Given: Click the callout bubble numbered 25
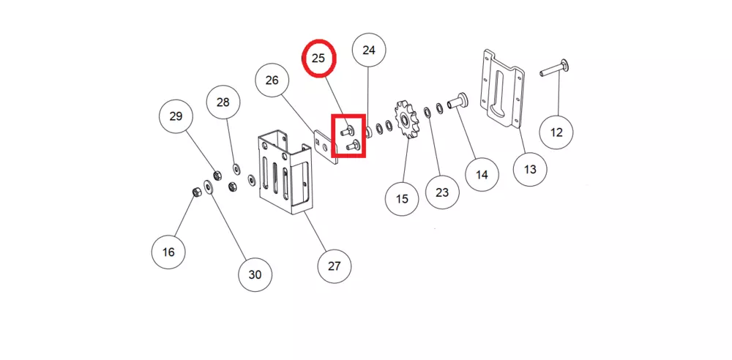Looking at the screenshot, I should (318, 59).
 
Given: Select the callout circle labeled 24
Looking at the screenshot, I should (369, 50).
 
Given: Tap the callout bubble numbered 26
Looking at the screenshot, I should (272, 80).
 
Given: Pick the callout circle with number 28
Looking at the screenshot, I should (223, 102).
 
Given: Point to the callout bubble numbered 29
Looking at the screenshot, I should (176, 116).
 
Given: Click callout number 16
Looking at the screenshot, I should (169, 252).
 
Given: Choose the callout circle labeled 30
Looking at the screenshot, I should (255, 274).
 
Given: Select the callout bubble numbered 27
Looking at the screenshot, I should (334, 266).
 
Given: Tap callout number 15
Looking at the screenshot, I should (403, 198).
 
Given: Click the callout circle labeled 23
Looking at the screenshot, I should (442, 193).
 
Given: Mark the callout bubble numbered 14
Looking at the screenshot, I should (482, 175).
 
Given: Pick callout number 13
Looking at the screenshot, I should (530, 169).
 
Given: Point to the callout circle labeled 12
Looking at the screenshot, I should (556, 132).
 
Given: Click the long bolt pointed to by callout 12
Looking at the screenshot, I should (552, 70).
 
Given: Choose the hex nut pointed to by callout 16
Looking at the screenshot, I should (196, 192).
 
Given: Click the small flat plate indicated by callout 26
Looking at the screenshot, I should (324, 147).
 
